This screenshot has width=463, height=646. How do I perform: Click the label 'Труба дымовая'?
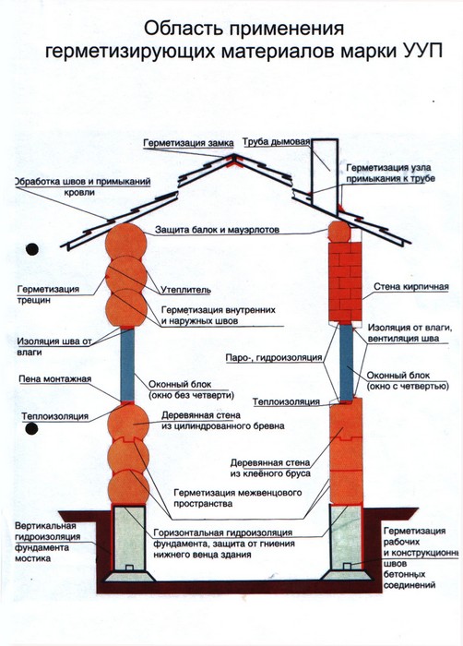point(276,142)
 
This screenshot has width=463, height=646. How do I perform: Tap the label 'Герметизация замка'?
point(189,143)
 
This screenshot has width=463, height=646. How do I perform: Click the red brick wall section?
point(345,281)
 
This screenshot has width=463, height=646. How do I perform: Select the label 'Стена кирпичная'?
point(411,287)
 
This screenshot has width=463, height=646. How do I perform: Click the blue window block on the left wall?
point(127,365)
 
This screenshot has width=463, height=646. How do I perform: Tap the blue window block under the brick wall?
point(347,363)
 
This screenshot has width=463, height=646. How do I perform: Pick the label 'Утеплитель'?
point(185,290)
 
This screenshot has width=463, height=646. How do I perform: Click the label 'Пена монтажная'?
point(55,379)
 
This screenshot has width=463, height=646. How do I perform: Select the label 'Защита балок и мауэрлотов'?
point(218,230)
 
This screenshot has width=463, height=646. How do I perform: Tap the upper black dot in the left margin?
point(32,249)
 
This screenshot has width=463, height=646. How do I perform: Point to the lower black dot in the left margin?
point(31,429)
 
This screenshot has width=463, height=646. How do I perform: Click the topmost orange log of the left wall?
point(126,243)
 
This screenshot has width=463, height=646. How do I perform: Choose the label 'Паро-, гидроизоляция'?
point(274,358)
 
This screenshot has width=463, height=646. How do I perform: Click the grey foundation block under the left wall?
point(129,538)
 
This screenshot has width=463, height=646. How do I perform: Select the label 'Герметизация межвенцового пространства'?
point(238,498)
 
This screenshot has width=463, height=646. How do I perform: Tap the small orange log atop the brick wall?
point(339,232)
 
